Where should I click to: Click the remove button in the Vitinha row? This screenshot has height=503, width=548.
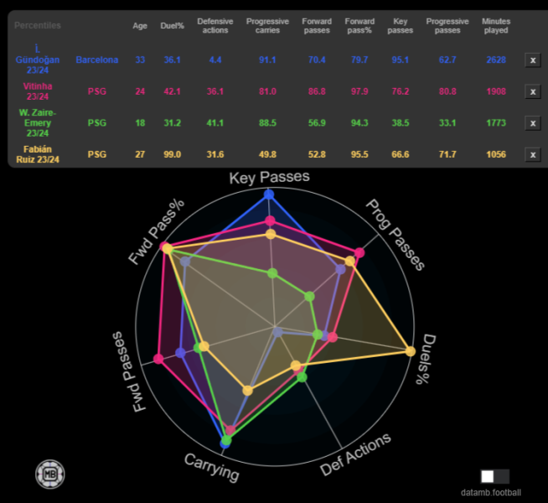[532, 91]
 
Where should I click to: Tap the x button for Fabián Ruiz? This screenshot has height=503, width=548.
[532, 154]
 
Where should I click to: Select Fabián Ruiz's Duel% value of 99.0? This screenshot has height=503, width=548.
[173, 154]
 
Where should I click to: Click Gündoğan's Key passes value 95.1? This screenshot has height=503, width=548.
[401, 60]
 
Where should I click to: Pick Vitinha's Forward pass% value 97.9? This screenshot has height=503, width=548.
[359, 91]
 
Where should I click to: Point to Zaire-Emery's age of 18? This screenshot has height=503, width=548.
[140, 122]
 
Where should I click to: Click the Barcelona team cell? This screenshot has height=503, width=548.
[97, 60]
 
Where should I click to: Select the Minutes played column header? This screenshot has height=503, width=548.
[495, 25]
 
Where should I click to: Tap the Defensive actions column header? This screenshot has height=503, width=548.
[215, 25]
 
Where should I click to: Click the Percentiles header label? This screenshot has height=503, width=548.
[38, 25]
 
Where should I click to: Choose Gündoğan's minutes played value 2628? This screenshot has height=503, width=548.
[495, 60]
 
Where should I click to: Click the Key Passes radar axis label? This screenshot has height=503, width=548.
[269, 177]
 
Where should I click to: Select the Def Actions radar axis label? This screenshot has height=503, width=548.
[356, 454]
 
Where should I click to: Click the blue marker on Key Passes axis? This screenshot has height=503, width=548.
[269, 194]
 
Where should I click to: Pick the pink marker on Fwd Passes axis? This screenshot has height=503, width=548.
[158, 360]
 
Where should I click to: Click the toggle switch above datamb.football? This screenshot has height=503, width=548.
[494, 476]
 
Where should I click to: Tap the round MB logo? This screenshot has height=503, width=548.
[49, 474]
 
